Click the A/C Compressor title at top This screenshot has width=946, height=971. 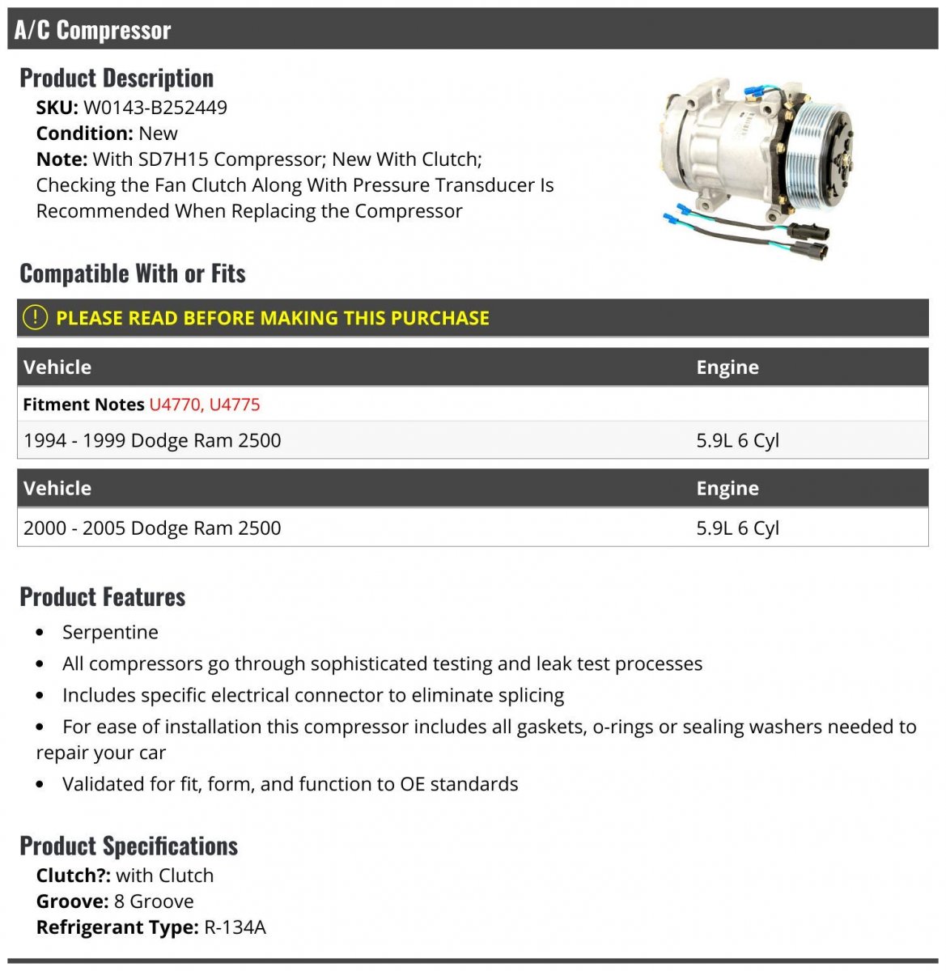click(x=92, y=30)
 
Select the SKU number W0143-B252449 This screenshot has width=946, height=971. click(x=155, y=108)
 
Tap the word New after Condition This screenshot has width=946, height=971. click(x=158, y=134)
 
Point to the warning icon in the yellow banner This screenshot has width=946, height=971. click(x=35, y=318)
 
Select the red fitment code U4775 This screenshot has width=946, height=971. click(x=235, y=405)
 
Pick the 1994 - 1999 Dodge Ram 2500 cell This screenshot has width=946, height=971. click(x=152, y=441)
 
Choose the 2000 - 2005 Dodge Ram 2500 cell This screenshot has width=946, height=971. click(x=152, y=528)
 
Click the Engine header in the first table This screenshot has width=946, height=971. click(x=728, y=367)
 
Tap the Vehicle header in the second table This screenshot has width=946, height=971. click(x=57, y=489)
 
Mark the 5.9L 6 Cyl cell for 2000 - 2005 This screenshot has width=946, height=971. click(x=737, y=528)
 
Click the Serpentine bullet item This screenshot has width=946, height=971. click(x=110, y=632)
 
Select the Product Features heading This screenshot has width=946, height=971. click(x=103, y=597)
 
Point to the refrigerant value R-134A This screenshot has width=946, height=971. click(x=235, y=927)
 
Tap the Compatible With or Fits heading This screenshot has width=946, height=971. click(x=133, y=273)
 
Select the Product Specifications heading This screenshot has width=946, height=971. click(x=129, y=846)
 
